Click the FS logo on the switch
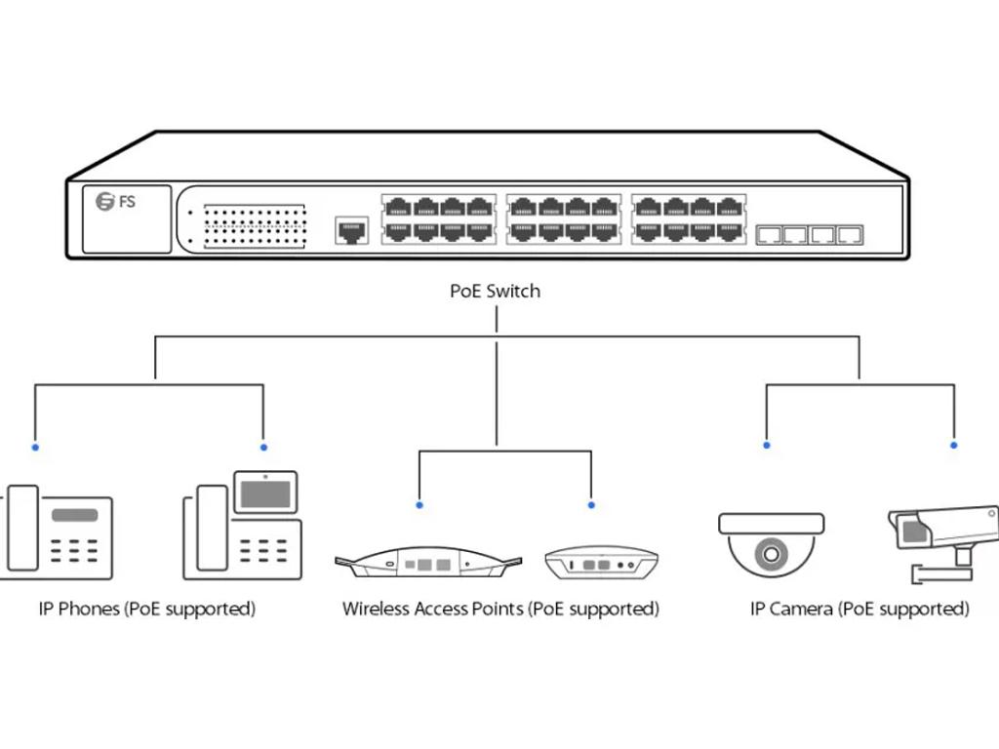click(116, 202)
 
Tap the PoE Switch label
click(495, 291)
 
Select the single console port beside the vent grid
click(351, 231)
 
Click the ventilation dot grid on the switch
click(255, 226)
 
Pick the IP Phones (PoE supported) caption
click(146, 609)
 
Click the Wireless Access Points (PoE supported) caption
click(500, 609)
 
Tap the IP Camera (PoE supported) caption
click(859, 609)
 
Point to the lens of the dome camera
click(771, 555)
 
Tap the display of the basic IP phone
click(74, 515)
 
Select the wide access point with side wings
click(427, 564)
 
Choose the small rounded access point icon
click(601, 564)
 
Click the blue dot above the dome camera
click(767, 446)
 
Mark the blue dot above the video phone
click(263, 447)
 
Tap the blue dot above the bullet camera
click(954, 446)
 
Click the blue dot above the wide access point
click(420, 505)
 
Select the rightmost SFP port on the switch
click(851, 235)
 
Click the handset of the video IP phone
click(212, 528)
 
